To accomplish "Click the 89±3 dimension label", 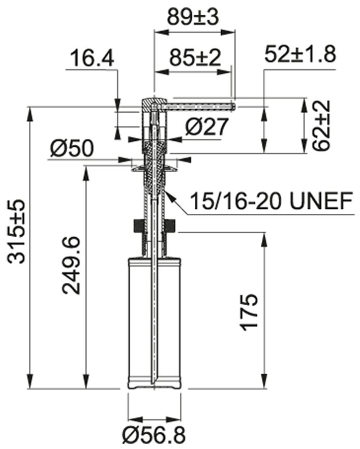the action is pos(193,17).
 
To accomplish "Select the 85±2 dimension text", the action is pos(195,57).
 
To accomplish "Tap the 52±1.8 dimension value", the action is pos(300,54).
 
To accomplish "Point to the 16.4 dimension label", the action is pos(93,58).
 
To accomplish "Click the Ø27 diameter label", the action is pos(206,126).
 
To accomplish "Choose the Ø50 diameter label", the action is pos(72,148).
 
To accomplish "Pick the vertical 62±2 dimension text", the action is pos(321,125).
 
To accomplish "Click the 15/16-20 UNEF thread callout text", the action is pos(271,201).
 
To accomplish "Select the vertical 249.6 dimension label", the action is pos(71,265).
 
